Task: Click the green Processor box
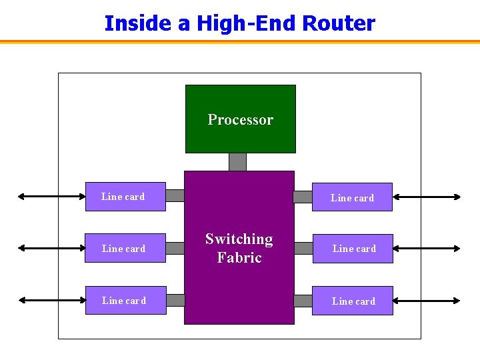click(x=240, y=119)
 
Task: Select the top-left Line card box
click(x=125, y=197)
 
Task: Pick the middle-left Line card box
click(x=125, y=248)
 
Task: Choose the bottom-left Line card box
click(x=125, y=301)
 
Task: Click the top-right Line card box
click(x=352, y=197)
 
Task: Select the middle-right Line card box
click(x=353, y=249)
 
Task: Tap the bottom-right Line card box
click(x=353, y=301)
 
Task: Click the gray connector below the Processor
click(x=237, y=162)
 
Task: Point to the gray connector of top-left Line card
click(x=175, y=195)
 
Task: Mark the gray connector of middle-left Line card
click(x=175, y=248)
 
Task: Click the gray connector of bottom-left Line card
click(x=175, y=300)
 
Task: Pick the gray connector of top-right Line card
click(x=303, y=197)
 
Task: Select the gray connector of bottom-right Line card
click(x=303, y=301)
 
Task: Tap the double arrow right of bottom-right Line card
click(x=427, y=301)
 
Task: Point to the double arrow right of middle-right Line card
click(x=427, y=248)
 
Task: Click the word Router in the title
click(x=339, y=23)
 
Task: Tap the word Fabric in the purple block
click(x=239, y=257)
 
